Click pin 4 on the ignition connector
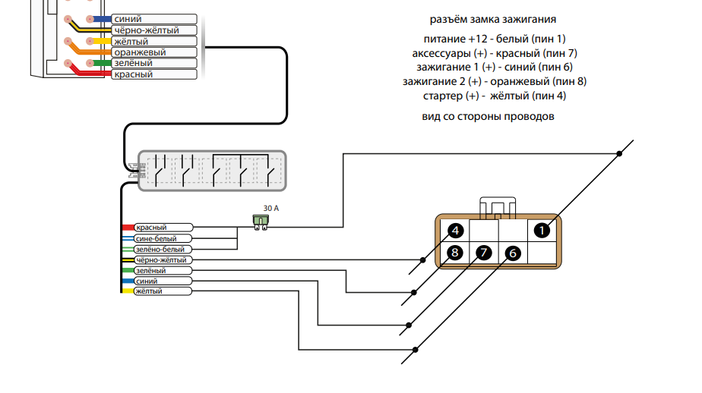coord(455,231)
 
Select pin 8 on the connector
coord(455,253)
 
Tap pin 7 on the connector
coord(483,253)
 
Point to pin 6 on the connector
coord(512,253)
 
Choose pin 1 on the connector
coord(541,230)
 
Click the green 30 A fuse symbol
coord(261,221)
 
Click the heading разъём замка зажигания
coord(497,19)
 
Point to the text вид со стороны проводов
coord(487,117)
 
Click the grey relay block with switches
coord(212,171)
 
